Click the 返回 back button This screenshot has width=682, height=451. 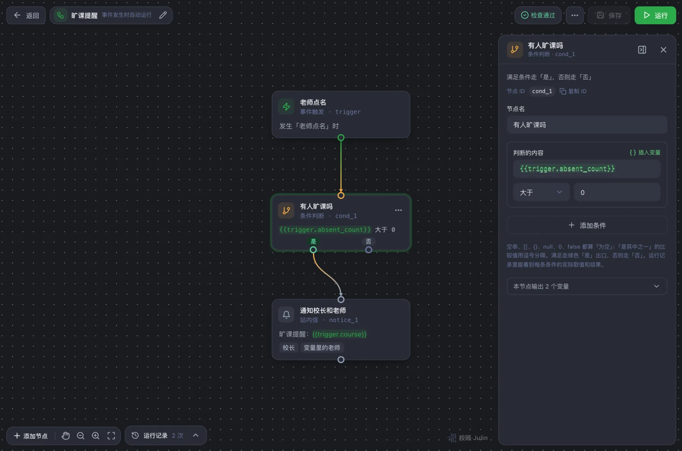[26, 16]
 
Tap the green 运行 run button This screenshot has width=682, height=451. [655, 16]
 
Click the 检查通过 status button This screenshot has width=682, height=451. [538, 16]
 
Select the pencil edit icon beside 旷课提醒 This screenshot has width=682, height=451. [163, 15]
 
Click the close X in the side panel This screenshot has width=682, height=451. [663, 50]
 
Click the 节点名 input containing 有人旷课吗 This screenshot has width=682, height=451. [587, 125]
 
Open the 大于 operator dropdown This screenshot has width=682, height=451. [541, 192]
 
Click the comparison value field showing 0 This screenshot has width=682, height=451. [617, 192]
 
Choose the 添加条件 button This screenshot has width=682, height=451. [587, 225]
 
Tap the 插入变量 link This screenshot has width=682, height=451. [645, 152]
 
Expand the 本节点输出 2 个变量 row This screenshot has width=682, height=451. [587, 286]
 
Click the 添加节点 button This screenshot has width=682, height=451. [31, 436]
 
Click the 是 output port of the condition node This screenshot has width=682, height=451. [313, 250]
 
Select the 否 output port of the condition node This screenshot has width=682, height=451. [369, 250]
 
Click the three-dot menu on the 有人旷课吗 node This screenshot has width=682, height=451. [398, 210]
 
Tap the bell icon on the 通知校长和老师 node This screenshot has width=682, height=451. [286, 315]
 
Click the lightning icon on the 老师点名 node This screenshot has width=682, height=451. [286, 106]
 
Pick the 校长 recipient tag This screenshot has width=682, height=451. [289, 348]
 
